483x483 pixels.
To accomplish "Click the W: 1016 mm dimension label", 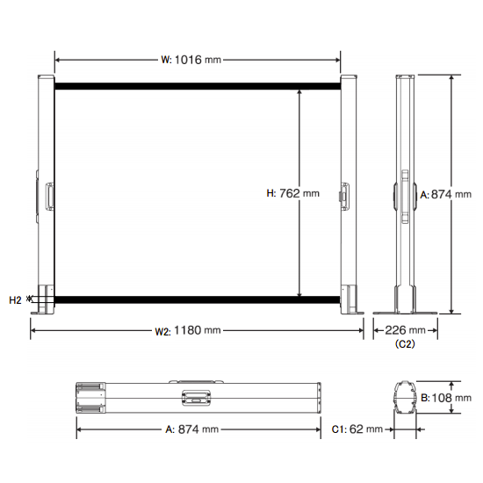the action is tap(191, 60).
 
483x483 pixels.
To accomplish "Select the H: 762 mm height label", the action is tap(292, 193).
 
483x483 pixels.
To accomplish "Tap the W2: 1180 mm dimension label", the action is tap(188, 330).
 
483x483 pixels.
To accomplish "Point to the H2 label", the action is tap(15, 300).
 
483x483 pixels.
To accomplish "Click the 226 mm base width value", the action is tap(405, 330).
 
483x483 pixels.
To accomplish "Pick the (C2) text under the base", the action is tap(405, 343).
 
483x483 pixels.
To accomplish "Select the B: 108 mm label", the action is tap(446, 398).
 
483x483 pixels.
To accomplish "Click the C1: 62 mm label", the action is tap(357, 429).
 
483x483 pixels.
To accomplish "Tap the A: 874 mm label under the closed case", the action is tap(192, 429).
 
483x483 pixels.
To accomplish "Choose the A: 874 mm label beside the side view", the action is tap(446, 194).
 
